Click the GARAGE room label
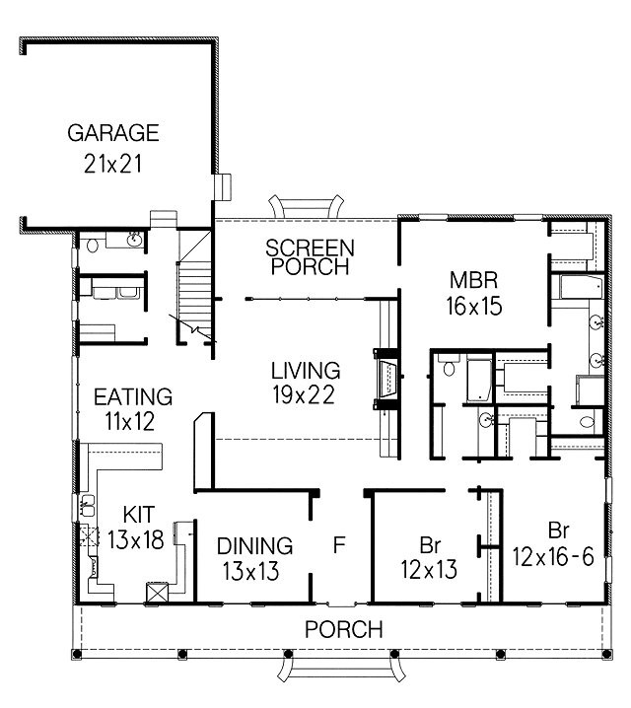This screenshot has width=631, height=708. tap(113, 133)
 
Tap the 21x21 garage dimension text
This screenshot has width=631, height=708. tap(112, 164)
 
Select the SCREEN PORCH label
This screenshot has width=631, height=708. tap(311, 257)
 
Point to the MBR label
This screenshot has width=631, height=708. tap(474, 280)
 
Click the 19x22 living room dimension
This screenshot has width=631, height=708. tap(304, 394)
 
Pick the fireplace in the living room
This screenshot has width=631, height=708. tap(386, 380)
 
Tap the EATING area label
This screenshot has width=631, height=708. tap(133, 397)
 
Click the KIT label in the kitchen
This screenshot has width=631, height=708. tap(139, 515)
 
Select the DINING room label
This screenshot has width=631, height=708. tap(255, 546)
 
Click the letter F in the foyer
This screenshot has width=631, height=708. tap(339, 544)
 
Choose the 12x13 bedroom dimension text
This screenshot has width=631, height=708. tap(429, 570)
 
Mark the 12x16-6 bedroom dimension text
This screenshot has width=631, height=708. tap(553, 557)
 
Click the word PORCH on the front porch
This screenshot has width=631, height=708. tap(344, 629)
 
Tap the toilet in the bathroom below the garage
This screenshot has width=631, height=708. tap(93, 246)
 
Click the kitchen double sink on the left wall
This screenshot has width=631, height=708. tap(88, 505)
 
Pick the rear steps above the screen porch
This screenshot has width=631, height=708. tap(306, 207)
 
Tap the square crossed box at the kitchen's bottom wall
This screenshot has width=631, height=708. tap(157, 593)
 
